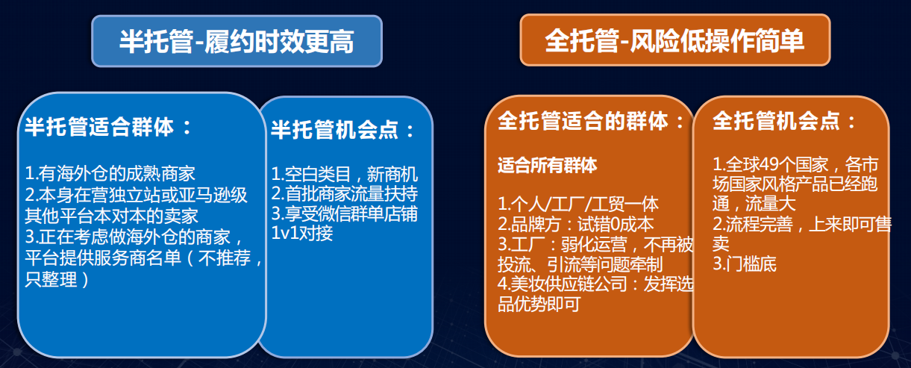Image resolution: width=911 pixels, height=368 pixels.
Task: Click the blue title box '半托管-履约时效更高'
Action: (236, 42)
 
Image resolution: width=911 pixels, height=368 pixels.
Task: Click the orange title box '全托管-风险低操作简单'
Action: (674, 40)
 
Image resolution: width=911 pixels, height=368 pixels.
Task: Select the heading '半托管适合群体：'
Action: (109, 127)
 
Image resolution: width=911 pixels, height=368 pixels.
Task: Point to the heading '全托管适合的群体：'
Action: (590, 122)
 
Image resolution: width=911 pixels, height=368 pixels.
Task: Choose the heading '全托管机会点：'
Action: (784, 122)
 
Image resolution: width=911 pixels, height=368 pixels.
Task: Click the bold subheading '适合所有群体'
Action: (547, 165)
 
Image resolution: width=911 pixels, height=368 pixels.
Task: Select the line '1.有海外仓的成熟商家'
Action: (110, 174)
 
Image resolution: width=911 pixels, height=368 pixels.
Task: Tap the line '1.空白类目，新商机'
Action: (344, 175)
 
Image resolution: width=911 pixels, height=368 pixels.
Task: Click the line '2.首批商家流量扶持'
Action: (344, 195)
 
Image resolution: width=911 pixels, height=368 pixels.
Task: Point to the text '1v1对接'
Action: (302, 233)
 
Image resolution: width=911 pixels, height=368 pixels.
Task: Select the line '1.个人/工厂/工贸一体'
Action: (578, 204)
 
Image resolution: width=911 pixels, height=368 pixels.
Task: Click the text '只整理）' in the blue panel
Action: (57, 280)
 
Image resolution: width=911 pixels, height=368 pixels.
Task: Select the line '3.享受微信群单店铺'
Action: (344, 214)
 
